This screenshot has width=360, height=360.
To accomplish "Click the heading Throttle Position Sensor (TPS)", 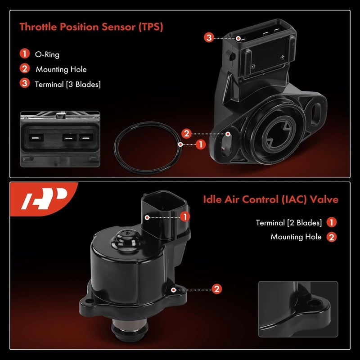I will tap(91, 27).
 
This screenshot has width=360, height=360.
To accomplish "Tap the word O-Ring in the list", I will tap(47, 54).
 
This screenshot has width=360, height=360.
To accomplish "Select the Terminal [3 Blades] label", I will tap(67, 84).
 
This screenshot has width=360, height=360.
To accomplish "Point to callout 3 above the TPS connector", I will tap(209, 38).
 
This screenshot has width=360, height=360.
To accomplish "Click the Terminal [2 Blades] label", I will tap(289, 223).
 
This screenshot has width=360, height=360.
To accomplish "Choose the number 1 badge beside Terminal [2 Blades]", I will tap(332, 222).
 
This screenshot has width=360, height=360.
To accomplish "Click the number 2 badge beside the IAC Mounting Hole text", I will tap(332, 237).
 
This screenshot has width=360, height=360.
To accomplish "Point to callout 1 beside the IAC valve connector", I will tap(184, 217).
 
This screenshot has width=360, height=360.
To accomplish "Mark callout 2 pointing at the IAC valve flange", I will tap(216, 289).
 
